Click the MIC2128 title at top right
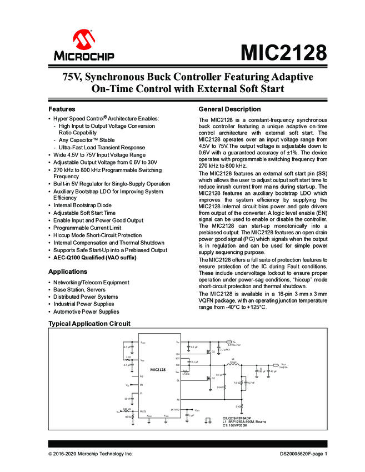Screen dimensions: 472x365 point(283,53)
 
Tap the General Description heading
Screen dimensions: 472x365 point(229,109)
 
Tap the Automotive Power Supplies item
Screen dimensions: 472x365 point(86,312)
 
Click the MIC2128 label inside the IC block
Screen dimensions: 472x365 point(158,369)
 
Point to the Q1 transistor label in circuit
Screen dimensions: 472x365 point(213,352)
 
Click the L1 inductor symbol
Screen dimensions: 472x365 point(233,365)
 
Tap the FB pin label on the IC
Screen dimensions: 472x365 point(178,399)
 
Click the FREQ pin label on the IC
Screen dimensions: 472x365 point(143,410)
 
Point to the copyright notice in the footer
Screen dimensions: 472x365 point(91,454)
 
